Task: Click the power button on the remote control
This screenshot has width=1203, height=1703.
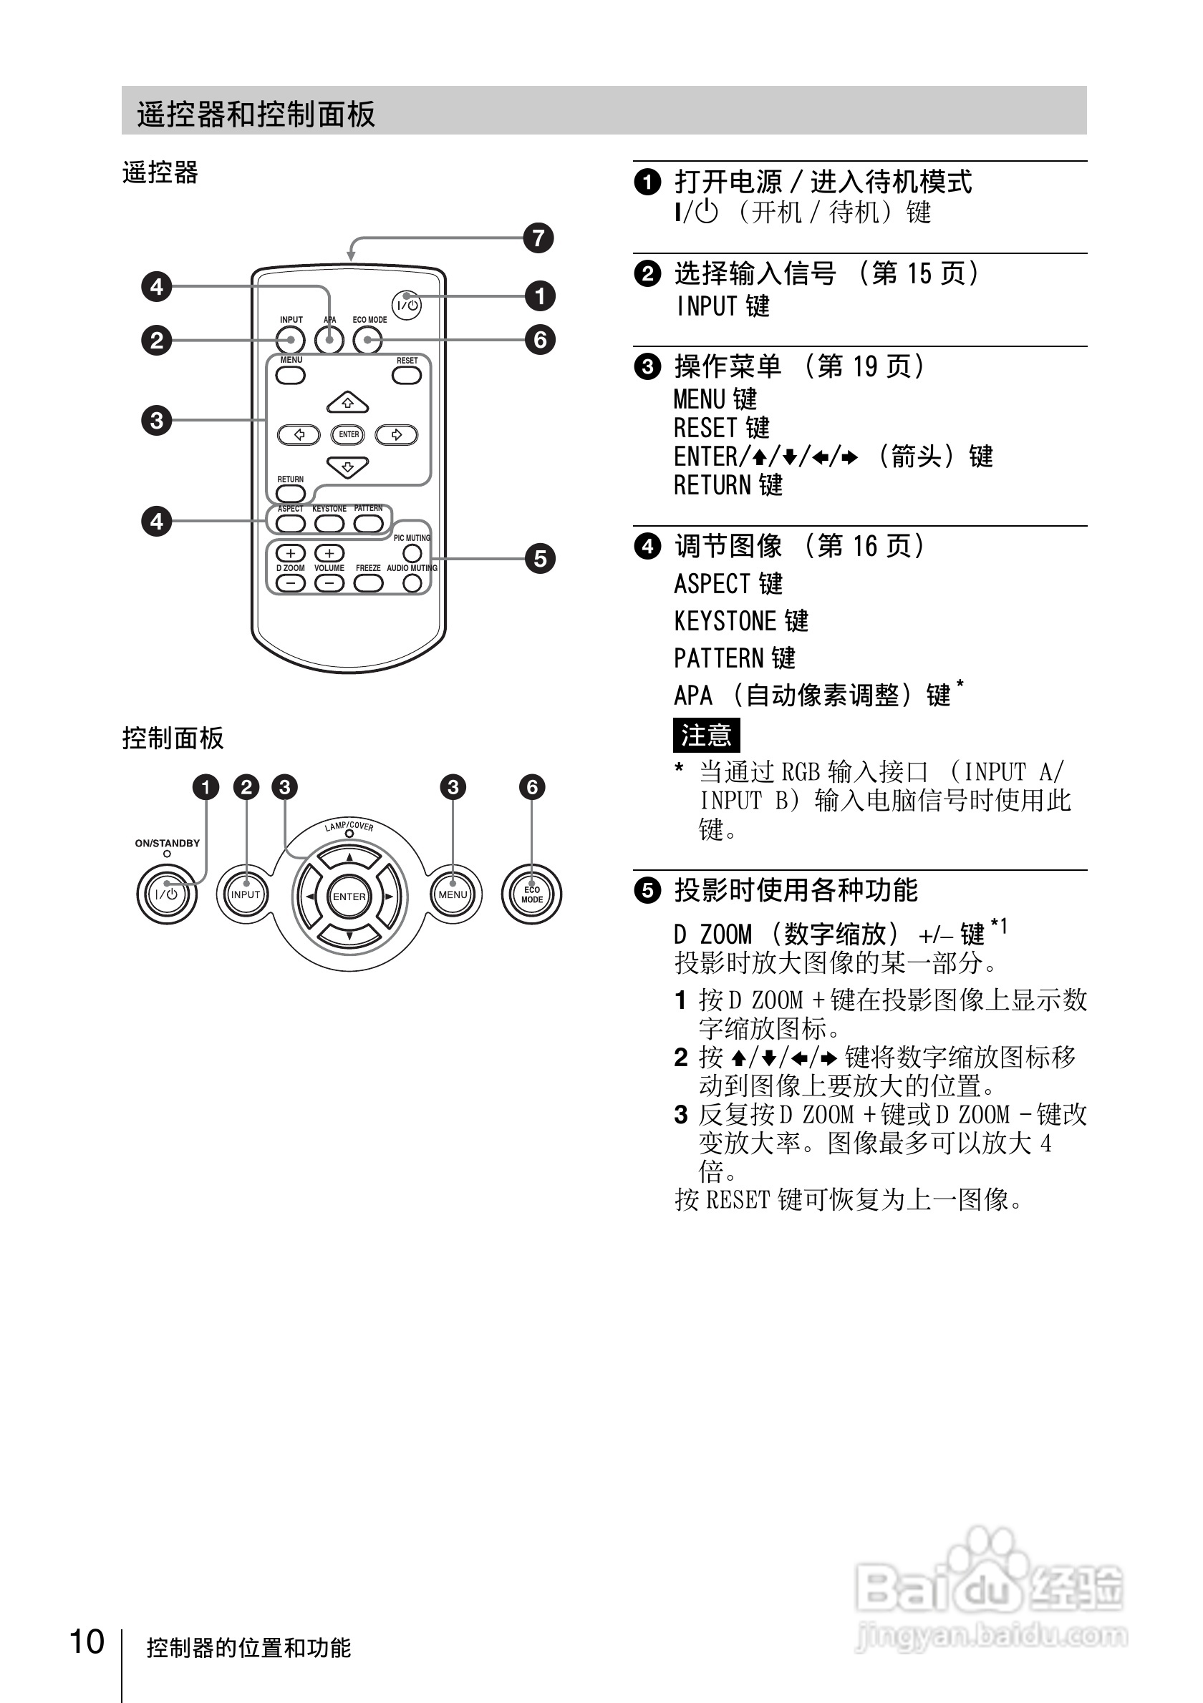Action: point(406,305)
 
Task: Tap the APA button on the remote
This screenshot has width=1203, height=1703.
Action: point(329,341)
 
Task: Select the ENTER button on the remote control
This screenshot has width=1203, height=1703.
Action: point(348,434)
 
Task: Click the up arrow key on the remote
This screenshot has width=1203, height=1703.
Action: point(347,403)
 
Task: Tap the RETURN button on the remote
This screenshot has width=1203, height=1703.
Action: point(290,493)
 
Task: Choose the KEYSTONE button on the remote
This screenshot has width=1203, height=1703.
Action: point(329,524)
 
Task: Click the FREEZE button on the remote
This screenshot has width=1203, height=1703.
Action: point(368,583)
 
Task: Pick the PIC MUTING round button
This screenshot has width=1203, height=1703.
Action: point(412,552)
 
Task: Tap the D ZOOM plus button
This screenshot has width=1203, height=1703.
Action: point(290,553)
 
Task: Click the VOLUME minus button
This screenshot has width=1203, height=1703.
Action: point(329,584)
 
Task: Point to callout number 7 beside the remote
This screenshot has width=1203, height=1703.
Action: point(538,238)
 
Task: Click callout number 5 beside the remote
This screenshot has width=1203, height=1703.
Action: point(539,559)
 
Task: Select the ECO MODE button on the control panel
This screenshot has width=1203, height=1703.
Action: point(531,894)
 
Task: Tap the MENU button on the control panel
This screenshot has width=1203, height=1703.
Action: point(453,894)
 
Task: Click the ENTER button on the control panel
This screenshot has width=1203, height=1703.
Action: point(349,897)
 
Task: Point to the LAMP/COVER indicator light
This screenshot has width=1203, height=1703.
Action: point(349,834)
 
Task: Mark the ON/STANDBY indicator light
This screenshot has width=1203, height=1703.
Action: point(167,854)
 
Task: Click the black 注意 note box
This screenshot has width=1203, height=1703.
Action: point(706,735)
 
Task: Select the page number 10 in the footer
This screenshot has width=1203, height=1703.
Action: point(87,1641)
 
